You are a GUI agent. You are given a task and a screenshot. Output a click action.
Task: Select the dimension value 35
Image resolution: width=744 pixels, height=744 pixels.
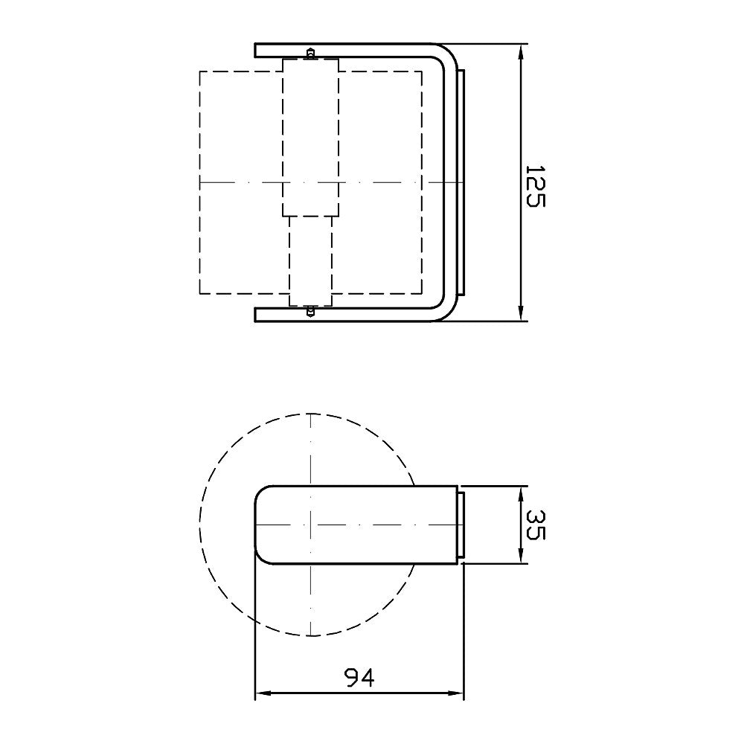[x=535, y=525]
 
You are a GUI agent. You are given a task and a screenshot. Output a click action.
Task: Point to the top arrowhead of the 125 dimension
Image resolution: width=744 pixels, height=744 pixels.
[x=521, y=51]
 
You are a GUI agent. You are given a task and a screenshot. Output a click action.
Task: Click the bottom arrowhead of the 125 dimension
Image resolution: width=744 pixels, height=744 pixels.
[x=521, y=314]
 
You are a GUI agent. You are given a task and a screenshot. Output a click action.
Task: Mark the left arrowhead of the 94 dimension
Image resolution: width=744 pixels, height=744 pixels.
[x=262, y=696]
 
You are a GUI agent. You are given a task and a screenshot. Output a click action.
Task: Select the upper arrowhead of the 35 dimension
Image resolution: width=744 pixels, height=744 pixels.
[x=521, y=493]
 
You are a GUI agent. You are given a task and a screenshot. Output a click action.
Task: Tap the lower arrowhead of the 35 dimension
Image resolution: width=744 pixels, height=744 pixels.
[x=521, y=557]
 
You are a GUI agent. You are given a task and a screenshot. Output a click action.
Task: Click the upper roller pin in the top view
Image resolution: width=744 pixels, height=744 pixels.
[x=310, y=53]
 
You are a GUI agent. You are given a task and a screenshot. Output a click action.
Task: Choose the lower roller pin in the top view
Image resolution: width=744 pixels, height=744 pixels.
[x=310, y=311]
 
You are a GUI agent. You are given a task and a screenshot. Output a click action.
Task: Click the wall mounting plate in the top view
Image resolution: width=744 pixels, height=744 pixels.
[x=462, y=182]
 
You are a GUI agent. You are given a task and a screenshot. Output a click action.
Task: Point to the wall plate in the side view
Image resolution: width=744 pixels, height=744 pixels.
[x=461, y=525]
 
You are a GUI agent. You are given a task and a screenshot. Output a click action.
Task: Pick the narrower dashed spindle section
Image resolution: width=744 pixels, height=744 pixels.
[x=310, y=260]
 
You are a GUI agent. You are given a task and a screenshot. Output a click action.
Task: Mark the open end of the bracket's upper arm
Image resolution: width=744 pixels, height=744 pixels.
[x=257, y=50]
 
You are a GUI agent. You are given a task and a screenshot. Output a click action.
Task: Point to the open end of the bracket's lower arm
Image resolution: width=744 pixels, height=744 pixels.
[x=257, y=315]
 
